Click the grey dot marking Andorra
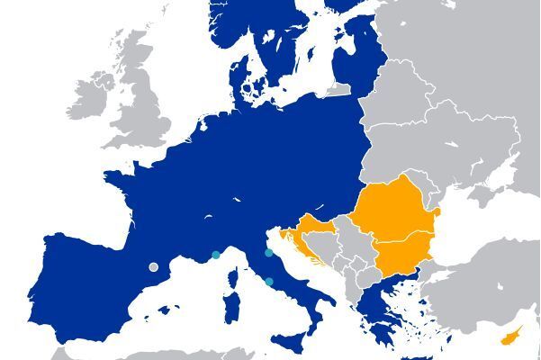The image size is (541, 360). coord(153,266)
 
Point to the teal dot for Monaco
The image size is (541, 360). coord(216,256)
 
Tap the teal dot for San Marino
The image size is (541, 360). coord(268,253)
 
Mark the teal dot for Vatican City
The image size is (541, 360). coord(269,282)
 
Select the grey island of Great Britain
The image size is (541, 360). coord(144,99)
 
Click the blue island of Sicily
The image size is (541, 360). coord(293,340)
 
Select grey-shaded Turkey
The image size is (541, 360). coord(486,288)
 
